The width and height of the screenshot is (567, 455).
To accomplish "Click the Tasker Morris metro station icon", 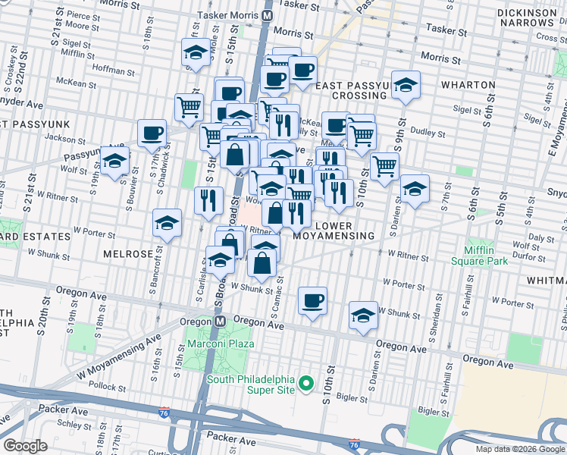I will click(x=267, y=14).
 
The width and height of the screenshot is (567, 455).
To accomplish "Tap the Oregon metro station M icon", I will click(x=221, y=322).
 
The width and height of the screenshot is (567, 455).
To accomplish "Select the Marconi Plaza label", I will click(x=225, y=344).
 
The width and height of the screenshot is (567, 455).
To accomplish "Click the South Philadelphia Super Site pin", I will click(x=306, y=384).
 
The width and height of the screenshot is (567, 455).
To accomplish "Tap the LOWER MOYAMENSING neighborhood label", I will click(x=344, y=231).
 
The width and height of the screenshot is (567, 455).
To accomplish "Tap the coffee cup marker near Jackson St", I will click(x=152, y=133).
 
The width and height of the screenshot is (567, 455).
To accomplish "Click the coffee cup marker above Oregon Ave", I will click(x=312, y=301).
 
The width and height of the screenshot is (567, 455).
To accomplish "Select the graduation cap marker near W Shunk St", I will click(x=363, y=315).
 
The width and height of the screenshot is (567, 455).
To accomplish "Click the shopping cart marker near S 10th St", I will click(x=385, y=165).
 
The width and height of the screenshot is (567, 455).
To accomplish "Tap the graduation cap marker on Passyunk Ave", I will click(x=114, y=161).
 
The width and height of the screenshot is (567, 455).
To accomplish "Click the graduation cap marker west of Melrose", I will click(x=167, y=223).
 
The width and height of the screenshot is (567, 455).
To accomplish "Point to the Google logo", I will click(x=25, y=446).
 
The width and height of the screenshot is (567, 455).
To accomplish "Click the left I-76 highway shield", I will click(x=164, y=413).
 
